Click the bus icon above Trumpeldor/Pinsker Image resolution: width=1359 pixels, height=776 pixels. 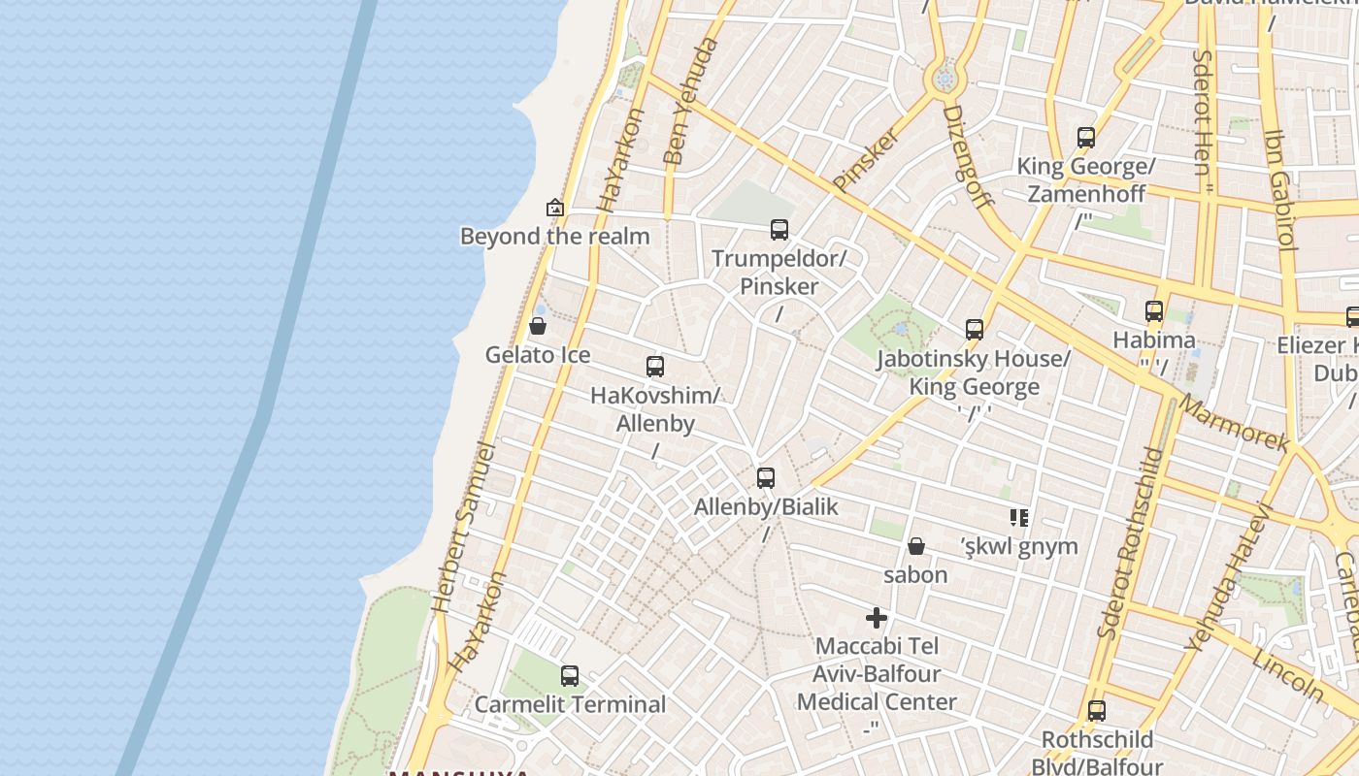[x=779, y=230]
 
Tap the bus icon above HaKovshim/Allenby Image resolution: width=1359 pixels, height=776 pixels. [x=655, y=367]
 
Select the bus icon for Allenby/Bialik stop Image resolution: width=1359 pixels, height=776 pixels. [x=766, y=478]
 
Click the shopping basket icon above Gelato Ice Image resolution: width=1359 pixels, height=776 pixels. [x=538, y=327]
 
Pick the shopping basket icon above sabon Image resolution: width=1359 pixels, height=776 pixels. [x=915, y=547]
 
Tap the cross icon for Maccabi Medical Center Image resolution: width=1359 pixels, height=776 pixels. [x=877, y=618]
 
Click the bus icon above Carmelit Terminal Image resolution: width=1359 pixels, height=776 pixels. [x=570, y=676]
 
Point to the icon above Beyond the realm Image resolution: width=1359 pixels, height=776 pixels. [x=555, y=208]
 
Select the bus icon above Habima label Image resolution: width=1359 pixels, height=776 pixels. [x=1154, y=311]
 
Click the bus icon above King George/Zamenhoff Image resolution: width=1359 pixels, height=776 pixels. [x=1086, y=138]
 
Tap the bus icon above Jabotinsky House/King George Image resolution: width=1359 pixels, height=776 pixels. [x=975, y=330]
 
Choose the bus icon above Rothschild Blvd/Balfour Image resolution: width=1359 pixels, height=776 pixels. [x=1097, y=711]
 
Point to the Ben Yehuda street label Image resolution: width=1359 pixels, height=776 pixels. [x=691, y=101]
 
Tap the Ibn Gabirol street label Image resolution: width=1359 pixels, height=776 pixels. [x=1280, y=190]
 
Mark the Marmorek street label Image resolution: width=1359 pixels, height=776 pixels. [x=1236, y=424]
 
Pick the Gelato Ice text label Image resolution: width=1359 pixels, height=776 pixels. [x=538, y=355]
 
